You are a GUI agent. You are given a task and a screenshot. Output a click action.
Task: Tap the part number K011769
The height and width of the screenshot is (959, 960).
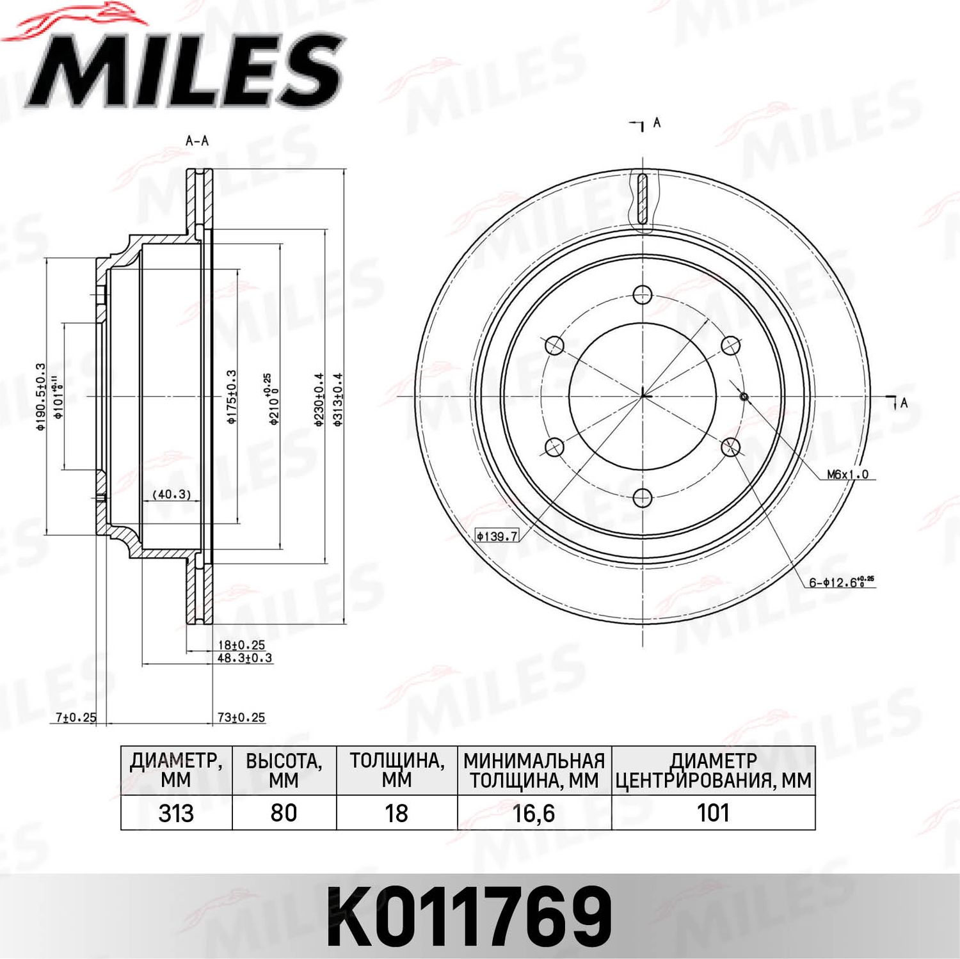point(469,917)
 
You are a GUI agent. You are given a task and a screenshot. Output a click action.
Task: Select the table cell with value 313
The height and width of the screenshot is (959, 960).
point(176,813)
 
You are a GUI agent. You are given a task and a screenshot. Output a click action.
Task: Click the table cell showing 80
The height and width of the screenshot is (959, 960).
point(284,813)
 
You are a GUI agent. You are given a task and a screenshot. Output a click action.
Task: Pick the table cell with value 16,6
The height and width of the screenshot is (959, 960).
point(534,813)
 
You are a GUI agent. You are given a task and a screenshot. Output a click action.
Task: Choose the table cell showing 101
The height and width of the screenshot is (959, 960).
point(713,813)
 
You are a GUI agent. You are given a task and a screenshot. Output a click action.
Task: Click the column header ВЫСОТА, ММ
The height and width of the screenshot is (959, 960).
point(284,771)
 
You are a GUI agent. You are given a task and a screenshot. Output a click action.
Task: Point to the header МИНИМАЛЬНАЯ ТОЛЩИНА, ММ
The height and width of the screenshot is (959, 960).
point(534,771)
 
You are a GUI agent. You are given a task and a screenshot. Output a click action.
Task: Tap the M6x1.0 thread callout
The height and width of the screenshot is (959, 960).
point(847,475)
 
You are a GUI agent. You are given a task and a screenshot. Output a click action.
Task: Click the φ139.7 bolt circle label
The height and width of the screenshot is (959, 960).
point(497,536)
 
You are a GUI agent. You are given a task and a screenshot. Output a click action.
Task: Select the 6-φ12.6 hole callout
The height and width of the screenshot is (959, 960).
point(840,582)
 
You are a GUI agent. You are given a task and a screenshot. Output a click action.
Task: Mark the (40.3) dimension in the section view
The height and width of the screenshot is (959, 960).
point(172,495)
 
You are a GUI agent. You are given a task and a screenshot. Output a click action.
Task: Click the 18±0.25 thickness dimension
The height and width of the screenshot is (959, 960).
point(241,645)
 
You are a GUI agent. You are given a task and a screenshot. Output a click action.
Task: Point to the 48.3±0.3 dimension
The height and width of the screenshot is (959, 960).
point(244,658)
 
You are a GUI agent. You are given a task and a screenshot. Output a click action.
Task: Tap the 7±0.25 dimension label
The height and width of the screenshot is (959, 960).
point(76,718)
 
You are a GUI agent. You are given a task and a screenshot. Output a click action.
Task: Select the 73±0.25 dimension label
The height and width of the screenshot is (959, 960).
point(241,718)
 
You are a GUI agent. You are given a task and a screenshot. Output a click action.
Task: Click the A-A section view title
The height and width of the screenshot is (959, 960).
point(197,141)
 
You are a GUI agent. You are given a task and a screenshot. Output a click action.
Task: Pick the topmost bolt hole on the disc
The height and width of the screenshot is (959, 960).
point(642,295)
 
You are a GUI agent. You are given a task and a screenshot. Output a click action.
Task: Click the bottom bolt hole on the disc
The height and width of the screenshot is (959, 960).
point(642,498)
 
